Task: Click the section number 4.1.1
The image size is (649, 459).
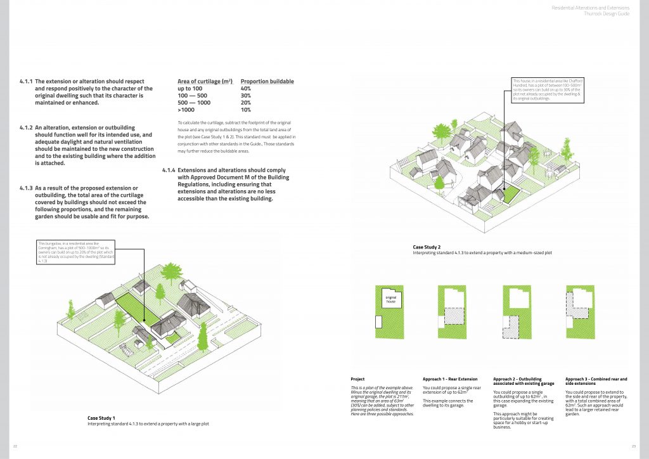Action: [x=26, y=82]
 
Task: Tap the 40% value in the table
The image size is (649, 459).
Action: [x=246, y=89]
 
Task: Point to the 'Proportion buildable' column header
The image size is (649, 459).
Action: [x=267, y=82]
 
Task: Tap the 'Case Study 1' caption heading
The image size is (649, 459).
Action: [x=101, y=418]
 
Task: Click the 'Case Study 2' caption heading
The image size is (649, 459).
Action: [x=427, y=247]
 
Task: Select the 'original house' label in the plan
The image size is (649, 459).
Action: [x=390, y=298]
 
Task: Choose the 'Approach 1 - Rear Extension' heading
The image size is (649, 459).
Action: [x=450, y=378]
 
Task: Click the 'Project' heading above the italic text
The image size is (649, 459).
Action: [x=357, y=378]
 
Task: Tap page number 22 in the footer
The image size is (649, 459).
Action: [x=15, y=446]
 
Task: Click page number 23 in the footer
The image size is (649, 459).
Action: [x=634, y=446]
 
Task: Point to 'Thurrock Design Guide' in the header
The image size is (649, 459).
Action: [x=610, y=13]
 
